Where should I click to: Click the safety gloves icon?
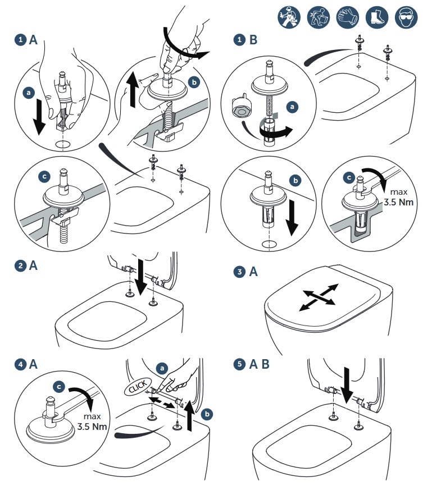coord(348,17)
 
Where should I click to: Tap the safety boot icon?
coord(377,17)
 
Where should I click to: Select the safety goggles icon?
coord(406,17)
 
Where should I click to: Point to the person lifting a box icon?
coord(319,17)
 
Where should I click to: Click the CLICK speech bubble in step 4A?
coord(138,387)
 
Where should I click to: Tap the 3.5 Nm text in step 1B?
coord(398,202)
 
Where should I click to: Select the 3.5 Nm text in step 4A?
coord(92,427)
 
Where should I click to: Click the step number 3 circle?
coord(239,272)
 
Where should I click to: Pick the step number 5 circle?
coord(239,364)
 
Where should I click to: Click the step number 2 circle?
coord(20,265)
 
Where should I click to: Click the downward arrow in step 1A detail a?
coord(39,117)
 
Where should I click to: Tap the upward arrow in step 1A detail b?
coord(133,90)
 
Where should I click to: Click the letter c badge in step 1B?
coord(349,177)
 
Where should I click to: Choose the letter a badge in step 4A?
coord(162,368)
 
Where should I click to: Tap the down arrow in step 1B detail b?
coord(292,218)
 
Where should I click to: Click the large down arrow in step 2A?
coord(142,277)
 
